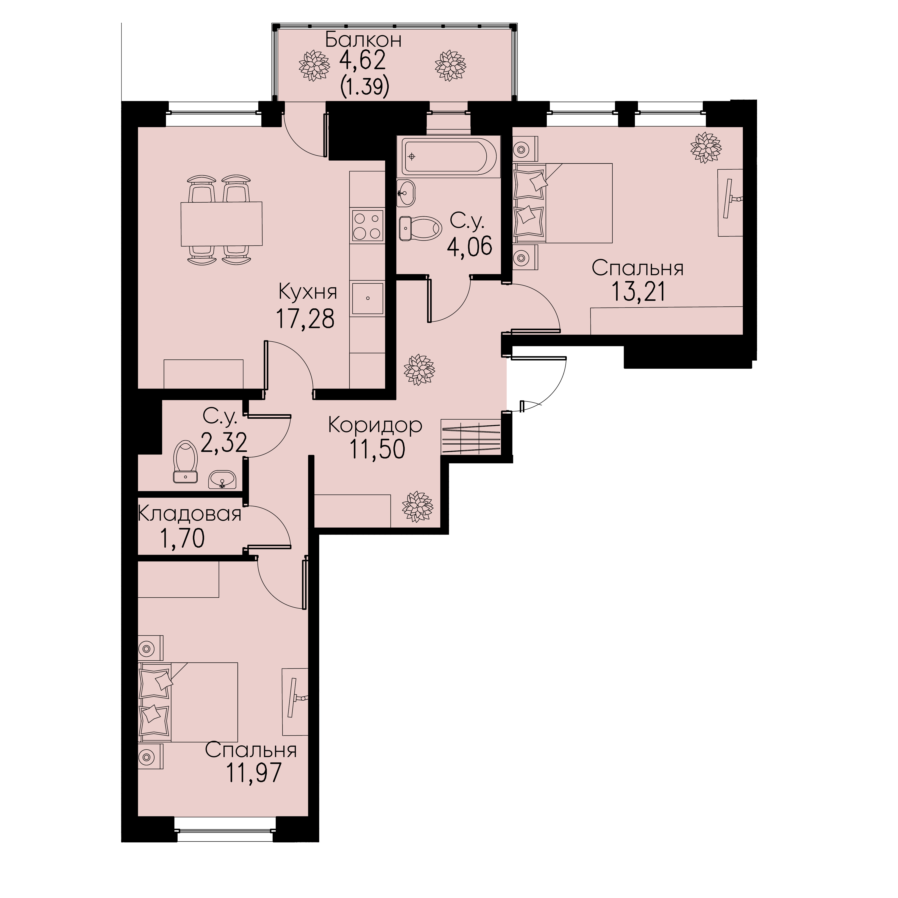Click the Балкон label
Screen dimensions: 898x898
363,40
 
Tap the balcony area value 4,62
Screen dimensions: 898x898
363,61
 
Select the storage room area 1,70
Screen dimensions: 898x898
182,539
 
